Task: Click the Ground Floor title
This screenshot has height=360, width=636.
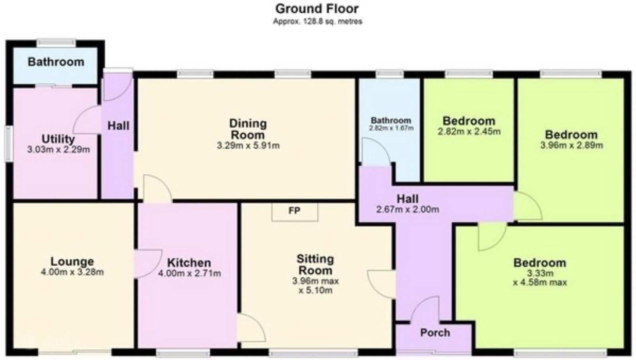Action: pos(317,9)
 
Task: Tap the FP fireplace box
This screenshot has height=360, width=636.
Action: pos(295,212)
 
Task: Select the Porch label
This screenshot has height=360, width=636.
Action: pos(435,333)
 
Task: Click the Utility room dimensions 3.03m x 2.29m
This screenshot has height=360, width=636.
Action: pos(58,150)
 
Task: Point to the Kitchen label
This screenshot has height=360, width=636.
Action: pos(189,263)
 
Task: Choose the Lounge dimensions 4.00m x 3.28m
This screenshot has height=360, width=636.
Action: pos(72,272)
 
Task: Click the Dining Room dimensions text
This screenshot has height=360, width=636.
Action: pos(248,146)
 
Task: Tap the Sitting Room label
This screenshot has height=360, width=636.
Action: pos(315,265)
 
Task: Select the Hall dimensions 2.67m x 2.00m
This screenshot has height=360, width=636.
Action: pos(408,210)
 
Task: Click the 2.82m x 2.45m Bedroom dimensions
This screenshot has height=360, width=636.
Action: pos(469,132)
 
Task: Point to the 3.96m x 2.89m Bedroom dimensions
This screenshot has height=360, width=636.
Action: pos(571,146)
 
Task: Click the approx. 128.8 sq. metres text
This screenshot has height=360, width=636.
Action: pos(318,21)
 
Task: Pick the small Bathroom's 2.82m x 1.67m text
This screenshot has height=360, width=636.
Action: pos(391,128)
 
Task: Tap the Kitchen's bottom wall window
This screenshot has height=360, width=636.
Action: pos(183,353)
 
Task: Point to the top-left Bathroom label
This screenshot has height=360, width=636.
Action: pos(56,62)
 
